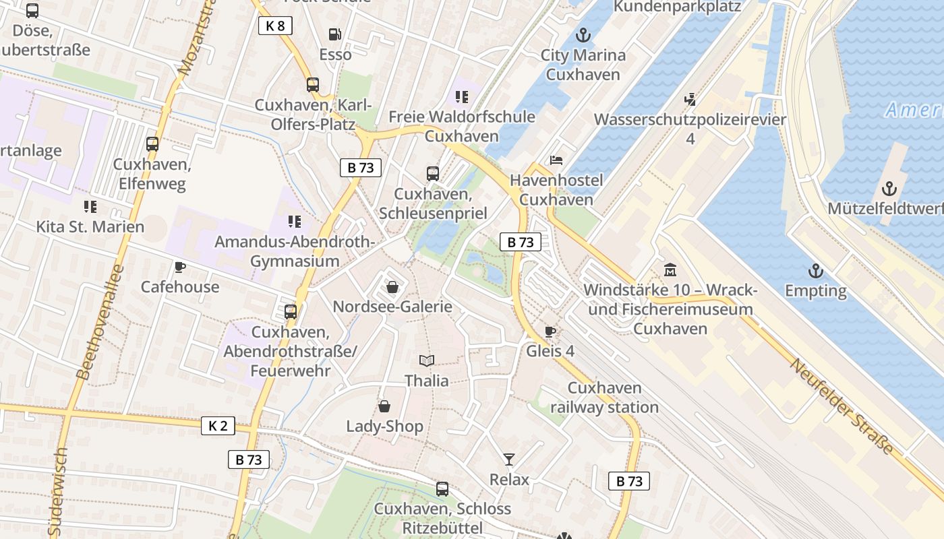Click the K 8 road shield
tap(275, 26)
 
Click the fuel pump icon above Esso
tap(334, 34)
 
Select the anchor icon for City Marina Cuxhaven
tap(583, 35)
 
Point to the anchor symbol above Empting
tap(816, 271)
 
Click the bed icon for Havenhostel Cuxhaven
tap(556, 160)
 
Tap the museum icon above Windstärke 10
tap(670, 270)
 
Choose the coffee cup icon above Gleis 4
tap(550, 331)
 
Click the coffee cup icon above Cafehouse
tap(179, 267)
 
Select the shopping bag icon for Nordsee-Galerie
tap(392, 287)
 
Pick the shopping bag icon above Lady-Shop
tap(384, 406)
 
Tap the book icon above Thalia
tap(426, 360)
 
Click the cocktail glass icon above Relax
tap(509, 459)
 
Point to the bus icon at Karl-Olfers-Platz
tap(312, 85)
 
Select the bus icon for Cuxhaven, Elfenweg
tap(152, 144)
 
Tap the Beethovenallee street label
tap(100, 322)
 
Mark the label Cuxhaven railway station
tap(604, 398)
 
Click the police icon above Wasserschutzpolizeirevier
tap(690, 100)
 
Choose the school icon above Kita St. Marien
tap(90, 206)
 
